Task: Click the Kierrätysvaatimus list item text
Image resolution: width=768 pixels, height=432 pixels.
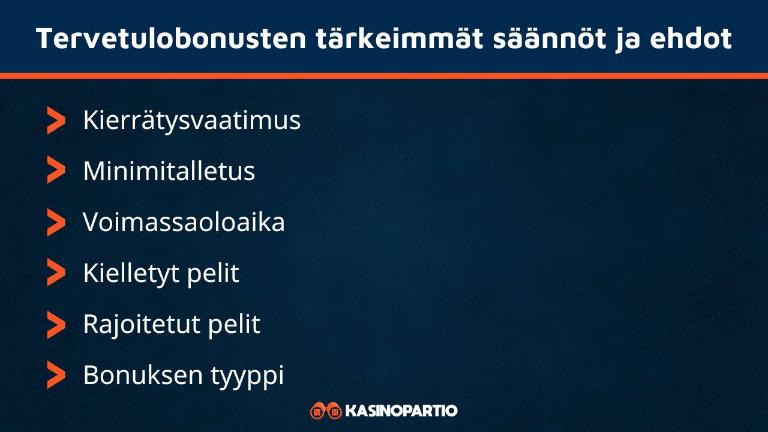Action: [191, 121]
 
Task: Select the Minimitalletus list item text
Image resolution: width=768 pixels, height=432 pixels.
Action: [169, 172]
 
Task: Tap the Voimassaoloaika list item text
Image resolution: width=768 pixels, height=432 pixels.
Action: [184, 223]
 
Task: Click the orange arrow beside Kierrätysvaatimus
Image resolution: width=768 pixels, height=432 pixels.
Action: [56, 121]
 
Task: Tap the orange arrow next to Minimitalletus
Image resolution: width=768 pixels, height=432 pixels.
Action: [56, 172]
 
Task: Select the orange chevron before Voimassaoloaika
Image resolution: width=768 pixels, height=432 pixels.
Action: [56, 223]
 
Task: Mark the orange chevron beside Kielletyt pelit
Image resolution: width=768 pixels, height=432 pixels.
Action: [56, 274]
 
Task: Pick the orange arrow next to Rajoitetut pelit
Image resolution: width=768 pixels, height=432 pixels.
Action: [56, 325]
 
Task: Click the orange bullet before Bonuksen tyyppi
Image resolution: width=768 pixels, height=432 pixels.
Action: [56, 376]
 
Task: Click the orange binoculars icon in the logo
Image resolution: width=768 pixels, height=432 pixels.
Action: [326, 411]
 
